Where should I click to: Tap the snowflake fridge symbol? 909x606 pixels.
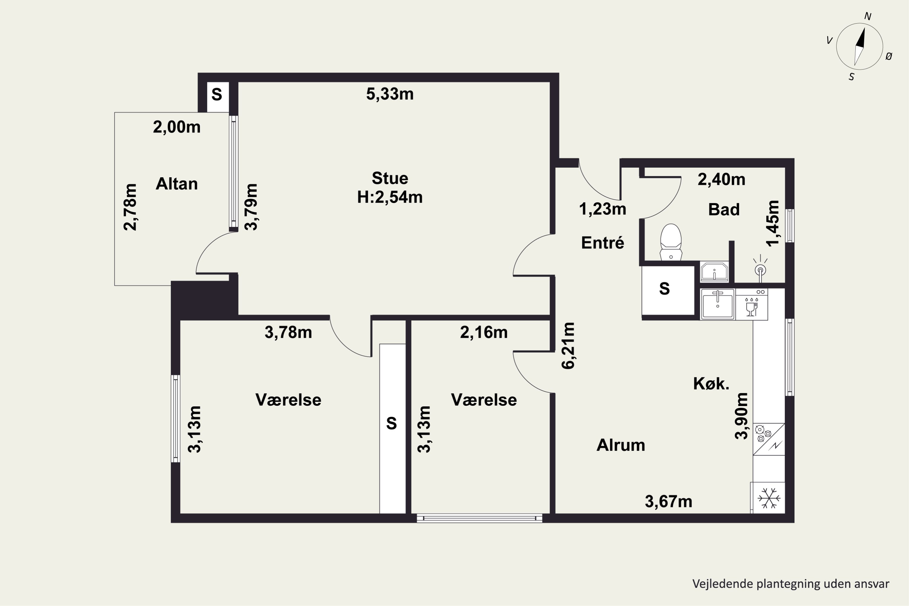[769, 498]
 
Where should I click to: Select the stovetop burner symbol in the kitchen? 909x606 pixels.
[761, 434]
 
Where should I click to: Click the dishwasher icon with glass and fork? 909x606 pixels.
[751, 304]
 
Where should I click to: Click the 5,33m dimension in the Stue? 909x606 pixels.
[390, 94]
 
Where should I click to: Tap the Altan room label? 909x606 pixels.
[177, 184]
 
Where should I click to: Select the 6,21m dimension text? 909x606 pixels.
[568, 345]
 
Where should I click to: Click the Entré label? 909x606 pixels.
[603, 243]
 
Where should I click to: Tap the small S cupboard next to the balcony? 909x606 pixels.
[217, 95]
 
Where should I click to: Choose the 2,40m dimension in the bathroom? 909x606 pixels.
[721, 180]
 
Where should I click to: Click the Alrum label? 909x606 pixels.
[621, 445]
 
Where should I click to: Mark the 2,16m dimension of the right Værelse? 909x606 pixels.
[484, 332]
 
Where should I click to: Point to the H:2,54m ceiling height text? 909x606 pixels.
[390, 197]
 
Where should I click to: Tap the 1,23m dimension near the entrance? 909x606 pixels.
[603, 209]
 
